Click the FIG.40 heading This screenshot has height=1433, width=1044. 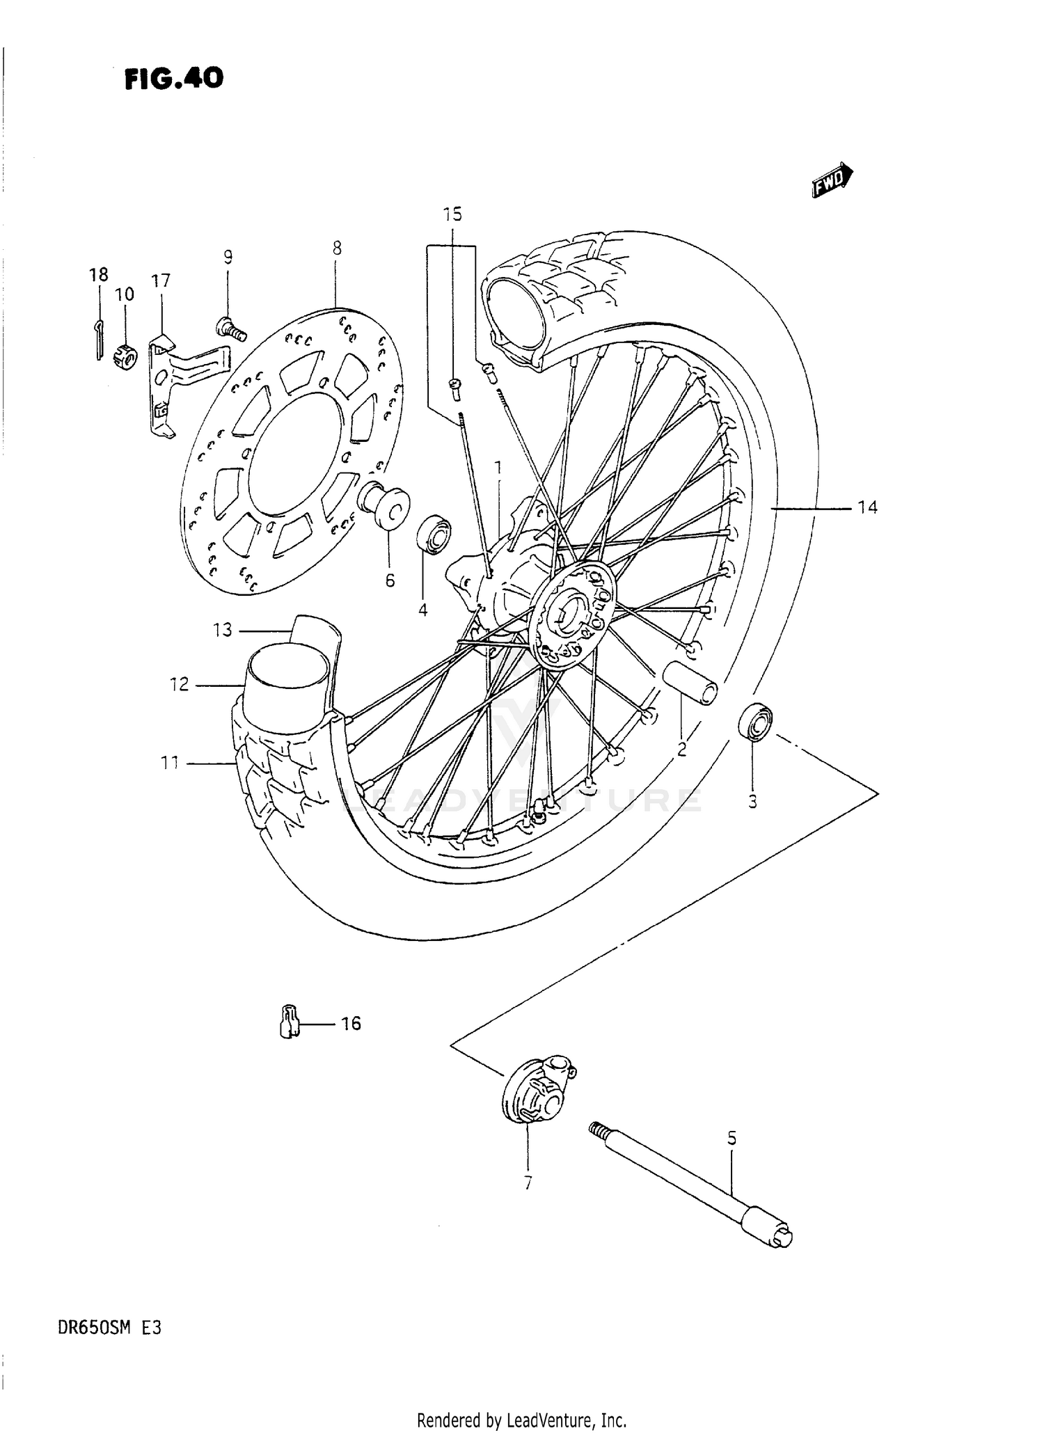(174, 79)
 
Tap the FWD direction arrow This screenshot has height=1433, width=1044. (832, 181)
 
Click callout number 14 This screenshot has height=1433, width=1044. (867, 508)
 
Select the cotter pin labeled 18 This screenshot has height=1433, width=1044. (100, 339)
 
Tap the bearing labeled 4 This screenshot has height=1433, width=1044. (433, 535)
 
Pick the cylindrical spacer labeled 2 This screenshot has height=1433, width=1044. (689, 684)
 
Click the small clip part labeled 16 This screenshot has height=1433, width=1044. (288, 1022)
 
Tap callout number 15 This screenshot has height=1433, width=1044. (452, 214)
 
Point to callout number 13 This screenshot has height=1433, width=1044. (222, 631)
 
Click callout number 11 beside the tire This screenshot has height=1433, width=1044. (170, 763)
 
